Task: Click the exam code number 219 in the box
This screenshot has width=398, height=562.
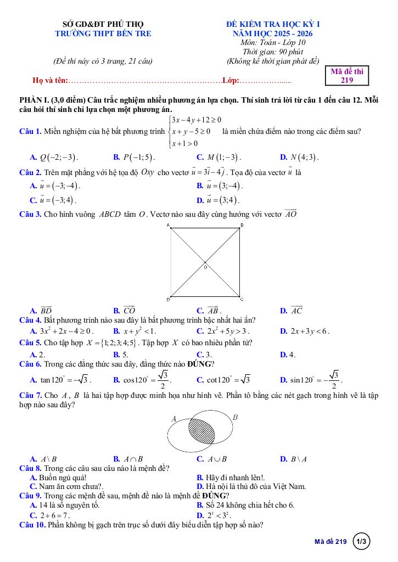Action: (346, 80)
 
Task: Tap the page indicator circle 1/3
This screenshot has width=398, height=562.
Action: (362, 542)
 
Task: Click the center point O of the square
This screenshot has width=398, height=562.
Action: (205, 267)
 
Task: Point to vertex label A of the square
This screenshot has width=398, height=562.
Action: (169, 225)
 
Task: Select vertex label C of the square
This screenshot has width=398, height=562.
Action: (242, 299)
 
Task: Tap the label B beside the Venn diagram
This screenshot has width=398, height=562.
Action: (235, 418)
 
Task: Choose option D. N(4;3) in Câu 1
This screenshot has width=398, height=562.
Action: (299, 157)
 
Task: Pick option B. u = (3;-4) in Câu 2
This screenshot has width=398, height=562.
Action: (219, 186)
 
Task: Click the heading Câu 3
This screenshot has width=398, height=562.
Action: (30, 214)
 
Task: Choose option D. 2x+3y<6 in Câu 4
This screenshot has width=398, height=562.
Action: (304, 331)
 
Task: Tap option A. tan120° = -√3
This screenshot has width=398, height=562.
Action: (61, 379)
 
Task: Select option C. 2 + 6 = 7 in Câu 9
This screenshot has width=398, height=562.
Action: (49, 515)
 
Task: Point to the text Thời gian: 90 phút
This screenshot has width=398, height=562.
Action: (273, 52)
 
